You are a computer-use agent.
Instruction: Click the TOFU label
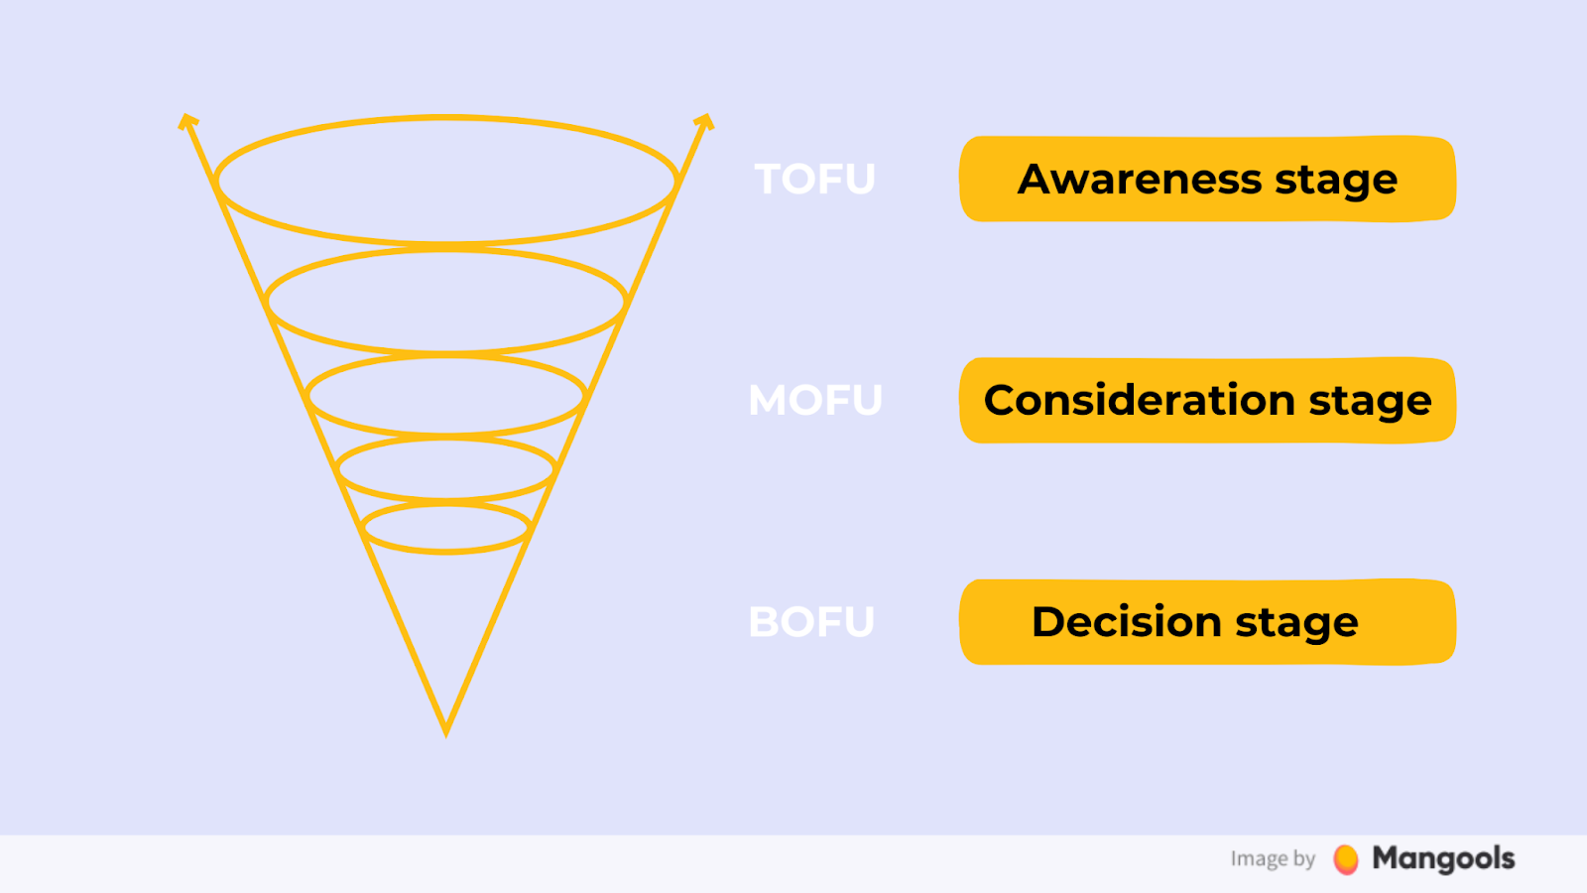(x=814, y=179)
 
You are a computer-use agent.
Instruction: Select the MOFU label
(x=815, y=400)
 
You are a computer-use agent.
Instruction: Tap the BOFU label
(x=812, y=621)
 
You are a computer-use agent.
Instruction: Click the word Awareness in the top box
(x=1140, y=179)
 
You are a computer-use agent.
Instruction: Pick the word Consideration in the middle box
(x=1140, y=401)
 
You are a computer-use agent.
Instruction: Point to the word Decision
(x=1127, y=621)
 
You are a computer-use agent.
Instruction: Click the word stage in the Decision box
(x=1297, y=625)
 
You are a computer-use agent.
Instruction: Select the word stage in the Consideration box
(x=1370, y=404)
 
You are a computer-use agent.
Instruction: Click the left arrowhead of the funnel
(x=187, y=121)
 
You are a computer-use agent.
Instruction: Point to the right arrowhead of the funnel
(x=704, y=121)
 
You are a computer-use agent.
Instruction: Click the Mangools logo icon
(x=1345, y=859)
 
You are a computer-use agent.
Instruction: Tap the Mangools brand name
(x=1443, y=858)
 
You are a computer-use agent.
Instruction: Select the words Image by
(x=1274, y=859)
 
